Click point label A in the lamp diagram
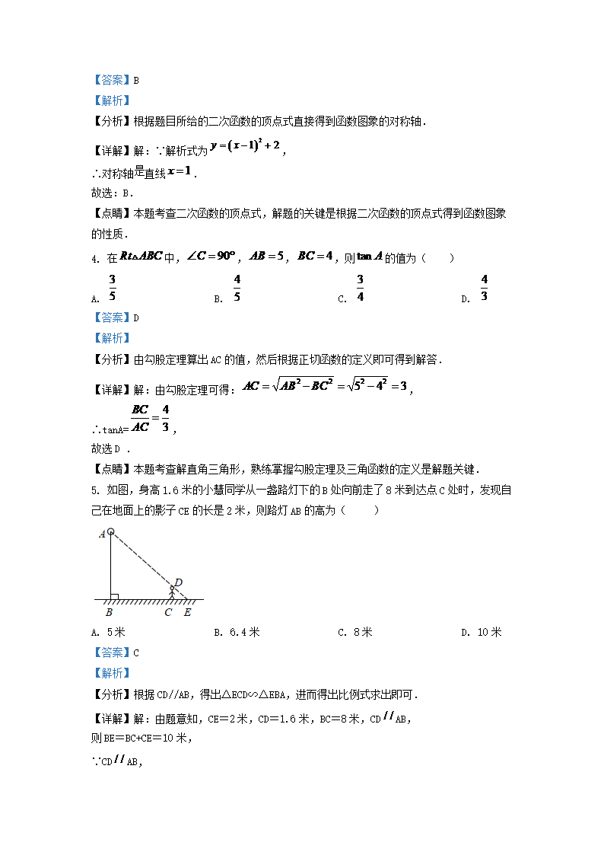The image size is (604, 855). click(x=102, y=534)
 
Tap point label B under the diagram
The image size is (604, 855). click(x=109, y=611)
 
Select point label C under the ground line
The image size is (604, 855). click(x=168, y=611)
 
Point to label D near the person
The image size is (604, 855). click(x=178, y=583)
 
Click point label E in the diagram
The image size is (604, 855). click(x=187, y=611)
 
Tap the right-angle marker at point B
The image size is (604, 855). click(x=113, y=595)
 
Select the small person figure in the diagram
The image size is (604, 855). click(x=171, y=591)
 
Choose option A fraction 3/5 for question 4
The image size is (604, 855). click(x=112, y=288)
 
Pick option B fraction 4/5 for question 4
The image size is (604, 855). click(x=237, y=288)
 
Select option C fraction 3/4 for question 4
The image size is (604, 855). click(x=360, y=288)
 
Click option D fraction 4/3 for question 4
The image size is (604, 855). click(x=484, y=288)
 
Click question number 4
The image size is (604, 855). click(x=94, y=259)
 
